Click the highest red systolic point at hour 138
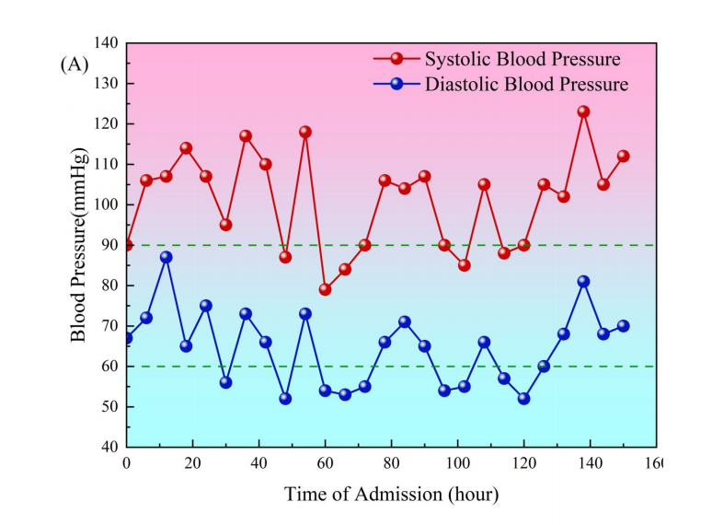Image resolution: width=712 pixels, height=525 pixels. click(583, 112)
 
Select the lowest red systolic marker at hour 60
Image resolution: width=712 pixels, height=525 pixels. click(325, 289)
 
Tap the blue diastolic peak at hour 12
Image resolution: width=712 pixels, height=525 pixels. click(166, 257)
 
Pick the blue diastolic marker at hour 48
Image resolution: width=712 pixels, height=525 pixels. click(285, 399)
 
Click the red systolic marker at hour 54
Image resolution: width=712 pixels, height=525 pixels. click(305, 132)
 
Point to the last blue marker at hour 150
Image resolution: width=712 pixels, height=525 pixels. click(623, 326)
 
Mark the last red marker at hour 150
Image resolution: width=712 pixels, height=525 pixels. click(623, 156)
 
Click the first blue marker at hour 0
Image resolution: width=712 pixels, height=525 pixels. click(127, 338)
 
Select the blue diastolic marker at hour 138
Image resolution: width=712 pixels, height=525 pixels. click(583, 282)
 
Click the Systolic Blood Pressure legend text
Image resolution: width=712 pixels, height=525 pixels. click(523, 60)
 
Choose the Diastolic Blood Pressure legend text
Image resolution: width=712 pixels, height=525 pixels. click(526, 85)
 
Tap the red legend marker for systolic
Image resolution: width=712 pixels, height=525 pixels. click(396, 59)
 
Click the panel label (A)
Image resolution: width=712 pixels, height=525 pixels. click(75, 64)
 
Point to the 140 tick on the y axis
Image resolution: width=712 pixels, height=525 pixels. click(106, 43)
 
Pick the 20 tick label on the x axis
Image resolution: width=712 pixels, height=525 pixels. click(192, 463)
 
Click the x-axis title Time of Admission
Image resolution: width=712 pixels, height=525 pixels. click(391, 495)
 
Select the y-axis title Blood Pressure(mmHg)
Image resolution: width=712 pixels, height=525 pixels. click(80, 244)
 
